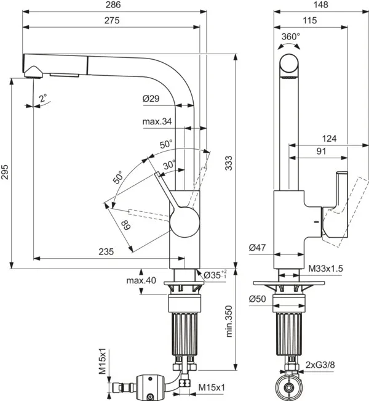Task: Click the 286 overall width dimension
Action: click(x=111, y=5)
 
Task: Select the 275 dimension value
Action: click(x=111, y=20)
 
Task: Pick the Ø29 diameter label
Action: click(x=151, y=99)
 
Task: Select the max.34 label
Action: click(x=157, y=122)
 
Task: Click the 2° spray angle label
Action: click(x=42, y=97)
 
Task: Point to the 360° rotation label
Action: click(x=291, y=37)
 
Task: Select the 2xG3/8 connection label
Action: click(x=320, y=365)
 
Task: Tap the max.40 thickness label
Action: click(x=141, y=280)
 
